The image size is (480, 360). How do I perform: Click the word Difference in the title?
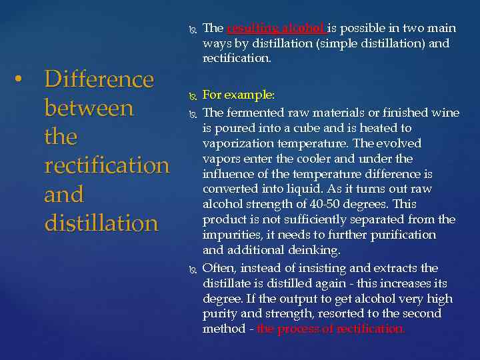[x=99, y=79]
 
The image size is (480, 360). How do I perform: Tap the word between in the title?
[x=89, y=108]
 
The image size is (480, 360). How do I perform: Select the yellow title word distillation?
[x=101, y=223]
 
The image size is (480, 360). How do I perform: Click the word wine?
[x=445, y=113]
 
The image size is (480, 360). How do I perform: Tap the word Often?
[x=218, y=267]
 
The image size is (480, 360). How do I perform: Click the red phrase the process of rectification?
[x=330, y=329]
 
